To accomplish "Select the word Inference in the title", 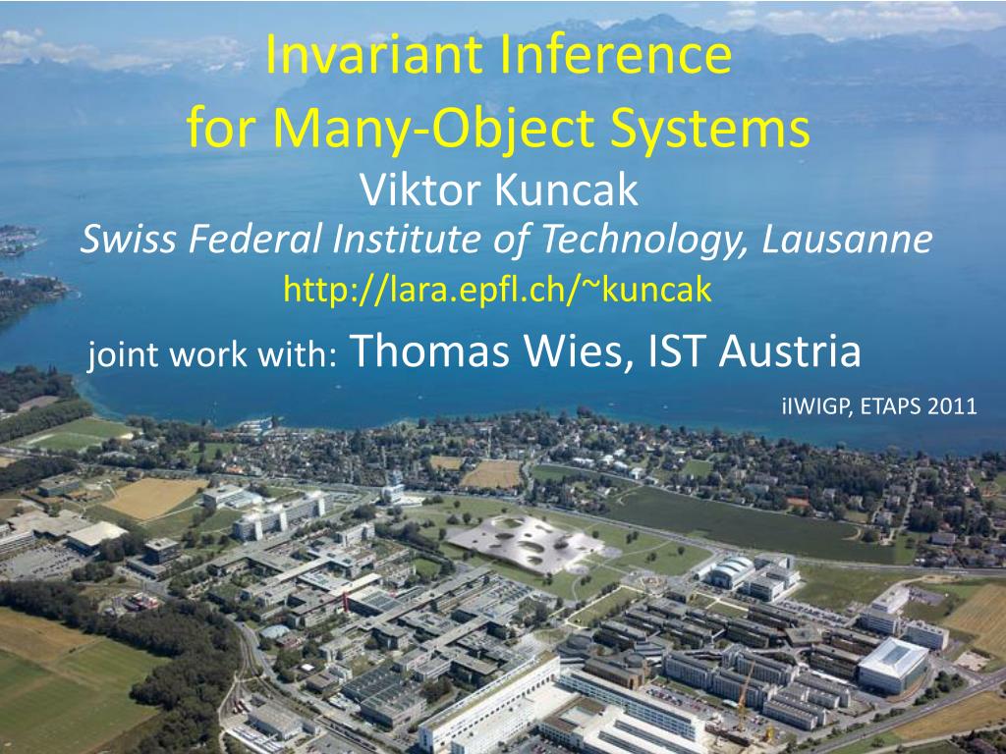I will pyautogui.click(x=617, y=57).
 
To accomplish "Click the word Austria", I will pyautogui.click(x=790, y=350).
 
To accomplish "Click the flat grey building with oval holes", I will pyautogui.click(x=527, y=535).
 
